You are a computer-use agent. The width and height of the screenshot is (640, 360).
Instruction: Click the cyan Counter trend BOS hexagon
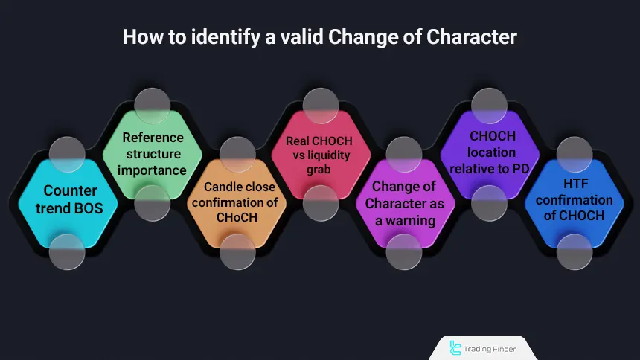coord(68,199)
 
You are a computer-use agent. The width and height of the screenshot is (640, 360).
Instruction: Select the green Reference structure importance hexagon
coord(153,153)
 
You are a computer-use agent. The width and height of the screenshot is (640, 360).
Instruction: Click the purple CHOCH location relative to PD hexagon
coord(489,153)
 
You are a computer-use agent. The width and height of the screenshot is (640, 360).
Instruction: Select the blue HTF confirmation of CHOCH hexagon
coord(573,201)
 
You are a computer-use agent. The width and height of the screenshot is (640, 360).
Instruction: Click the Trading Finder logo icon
coord(455,347)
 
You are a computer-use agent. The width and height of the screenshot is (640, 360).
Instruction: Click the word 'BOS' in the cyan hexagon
coord(85,208)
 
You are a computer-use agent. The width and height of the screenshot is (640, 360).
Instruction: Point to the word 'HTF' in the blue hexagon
coord(574,184)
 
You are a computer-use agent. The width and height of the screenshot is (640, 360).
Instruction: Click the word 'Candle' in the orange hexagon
coord(223,187)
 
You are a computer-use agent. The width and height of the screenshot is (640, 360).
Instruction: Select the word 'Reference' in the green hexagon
coord(153,138)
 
